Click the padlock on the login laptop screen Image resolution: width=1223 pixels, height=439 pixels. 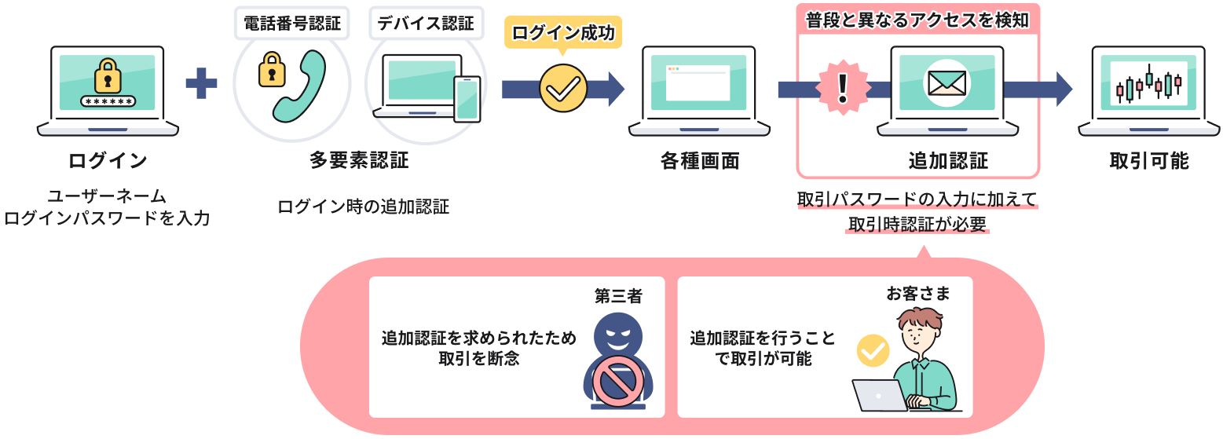point(108,77)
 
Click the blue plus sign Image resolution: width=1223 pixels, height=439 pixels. point(201,83)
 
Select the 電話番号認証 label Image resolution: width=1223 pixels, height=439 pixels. point(292,24)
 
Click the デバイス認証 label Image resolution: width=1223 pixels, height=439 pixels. point(426,24)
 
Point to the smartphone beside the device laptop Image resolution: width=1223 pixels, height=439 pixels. point(467,98)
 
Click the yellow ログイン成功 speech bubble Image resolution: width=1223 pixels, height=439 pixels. point(562,33)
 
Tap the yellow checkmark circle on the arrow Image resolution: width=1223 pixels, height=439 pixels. point(562,88)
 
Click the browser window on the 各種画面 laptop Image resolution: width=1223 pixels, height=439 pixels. point(698,82)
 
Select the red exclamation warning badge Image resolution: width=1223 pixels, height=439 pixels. point(844,87)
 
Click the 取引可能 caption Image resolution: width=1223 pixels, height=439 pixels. point(1149,162)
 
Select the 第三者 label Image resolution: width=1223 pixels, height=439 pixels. point(618,296)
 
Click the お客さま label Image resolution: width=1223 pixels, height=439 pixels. point(918,294)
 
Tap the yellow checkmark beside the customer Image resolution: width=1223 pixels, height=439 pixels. point(872,351)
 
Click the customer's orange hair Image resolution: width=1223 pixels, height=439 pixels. point(921,317)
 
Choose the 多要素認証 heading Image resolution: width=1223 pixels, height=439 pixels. point(359,161)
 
